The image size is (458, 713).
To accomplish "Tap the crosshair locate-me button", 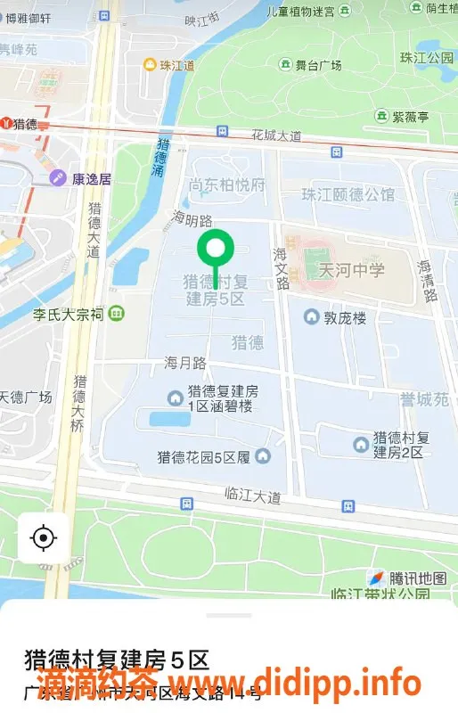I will pyautogui.click(x=43, y=537).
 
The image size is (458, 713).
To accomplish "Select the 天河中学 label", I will pyautogui.click(x=352, y=270).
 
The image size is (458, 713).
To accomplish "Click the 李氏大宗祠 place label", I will pyautogui.click(x=69, y=314).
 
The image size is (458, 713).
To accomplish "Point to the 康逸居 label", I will pyautogui.click(x=92, y=178).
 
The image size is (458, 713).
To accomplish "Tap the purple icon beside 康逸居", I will pyautogui.click(x=57, y=178).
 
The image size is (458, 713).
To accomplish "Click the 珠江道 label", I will pyautogui.click(x=176, y=65).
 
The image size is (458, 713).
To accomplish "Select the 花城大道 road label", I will pyautogui.click(x=276, y=135).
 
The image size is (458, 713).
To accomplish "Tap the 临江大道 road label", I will pyautogui.click(x=253, y=496).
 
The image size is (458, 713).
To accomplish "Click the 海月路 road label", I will pyautogui.click(x=185, y=363).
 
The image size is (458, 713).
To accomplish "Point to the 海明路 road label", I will pyautogui.click(x=192, y=218).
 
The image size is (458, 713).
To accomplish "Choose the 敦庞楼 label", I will pyautogui.click(x=344, y=317).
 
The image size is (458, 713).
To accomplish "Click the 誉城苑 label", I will pyautogui.click(x=423, y=400).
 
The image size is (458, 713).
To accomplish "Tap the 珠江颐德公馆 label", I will pyautogui.click(x=348, y=194).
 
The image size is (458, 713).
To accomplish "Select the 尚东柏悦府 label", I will pyautogui.click(x=227, y=185).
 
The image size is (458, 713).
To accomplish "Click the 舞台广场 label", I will pyautogui.click(x=319, y=65).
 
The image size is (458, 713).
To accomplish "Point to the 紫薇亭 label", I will pyautogui.click(x=410, y=117).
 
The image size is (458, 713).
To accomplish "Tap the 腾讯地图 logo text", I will pyautogui.click(x=417, y=578).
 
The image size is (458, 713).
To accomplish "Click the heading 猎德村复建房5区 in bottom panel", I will pyautogui.click(x=117, y=660).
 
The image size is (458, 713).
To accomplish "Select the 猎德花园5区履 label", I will pyautogui.click(x=204, y=457).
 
